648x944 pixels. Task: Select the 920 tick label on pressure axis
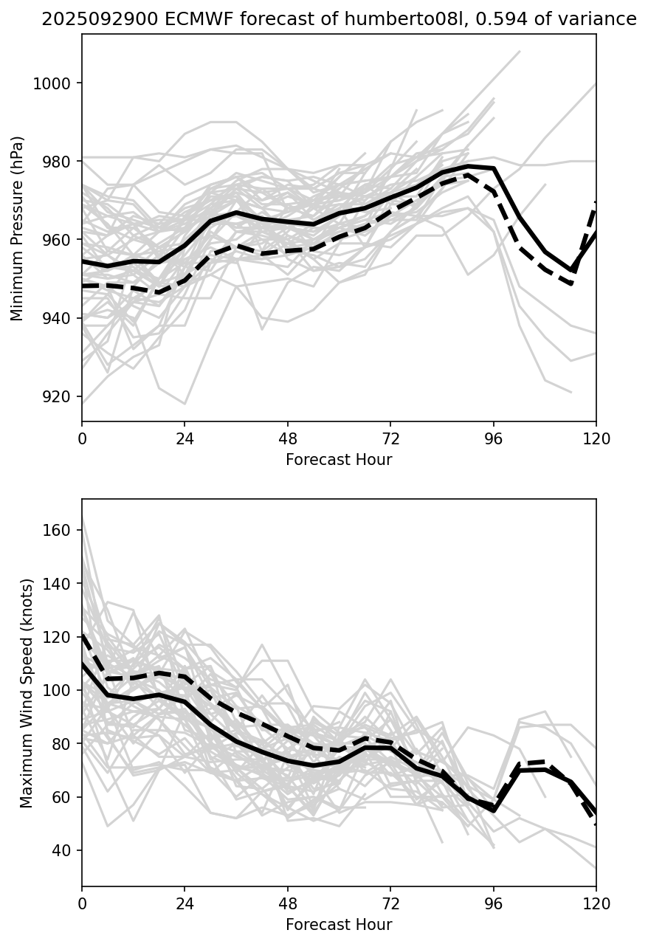[57, 396]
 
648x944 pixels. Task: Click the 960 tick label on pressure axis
[57, 240]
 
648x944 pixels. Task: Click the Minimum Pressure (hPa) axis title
[18, 228]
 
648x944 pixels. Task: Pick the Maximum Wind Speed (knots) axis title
[27, 692]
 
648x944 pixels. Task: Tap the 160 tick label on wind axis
[57, 530]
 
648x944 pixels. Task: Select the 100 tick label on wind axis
[57, 690]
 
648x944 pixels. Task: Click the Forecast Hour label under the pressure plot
[339, 460]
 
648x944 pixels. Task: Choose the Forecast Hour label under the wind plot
[339, 925]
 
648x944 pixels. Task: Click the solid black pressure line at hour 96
[494, 168]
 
